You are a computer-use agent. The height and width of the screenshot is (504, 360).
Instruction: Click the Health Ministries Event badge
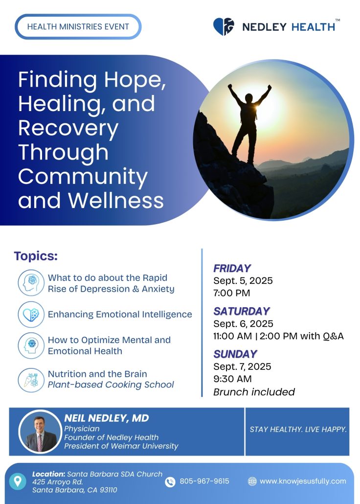point(78,27)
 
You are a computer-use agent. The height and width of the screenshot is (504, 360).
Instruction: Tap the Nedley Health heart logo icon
point(224,26)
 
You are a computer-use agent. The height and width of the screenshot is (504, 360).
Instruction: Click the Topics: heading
point(36,256)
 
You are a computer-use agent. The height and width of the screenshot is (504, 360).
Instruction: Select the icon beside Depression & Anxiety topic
point(31,282)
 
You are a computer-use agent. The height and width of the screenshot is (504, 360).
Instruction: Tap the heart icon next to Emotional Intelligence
point(31,314)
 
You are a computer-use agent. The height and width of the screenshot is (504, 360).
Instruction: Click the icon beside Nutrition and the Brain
point(31,380)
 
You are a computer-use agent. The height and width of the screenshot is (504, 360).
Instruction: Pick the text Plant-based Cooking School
point(111,385)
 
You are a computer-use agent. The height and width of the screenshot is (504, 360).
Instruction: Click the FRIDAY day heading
point(232,269)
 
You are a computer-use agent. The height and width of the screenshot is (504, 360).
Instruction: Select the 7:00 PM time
point(232,293)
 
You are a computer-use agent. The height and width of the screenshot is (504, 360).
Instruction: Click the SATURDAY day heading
point(242,311)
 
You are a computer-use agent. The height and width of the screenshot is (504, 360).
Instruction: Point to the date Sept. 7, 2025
point(242,367)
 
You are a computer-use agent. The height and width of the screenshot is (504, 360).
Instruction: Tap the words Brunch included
point(254,392)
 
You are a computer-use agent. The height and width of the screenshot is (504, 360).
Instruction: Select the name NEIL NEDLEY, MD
point(107,418)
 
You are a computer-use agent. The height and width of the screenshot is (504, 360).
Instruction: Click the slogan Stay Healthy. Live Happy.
point(298,430)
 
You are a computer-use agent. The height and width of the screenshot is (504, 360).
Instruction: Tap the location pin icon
point(17,481)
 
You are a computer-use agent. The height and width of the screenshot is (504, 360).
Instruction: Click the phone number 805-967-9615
point(204,481)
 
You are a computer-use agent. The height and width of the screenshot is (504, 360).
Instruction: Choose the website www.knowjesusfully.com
point(303,481)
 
